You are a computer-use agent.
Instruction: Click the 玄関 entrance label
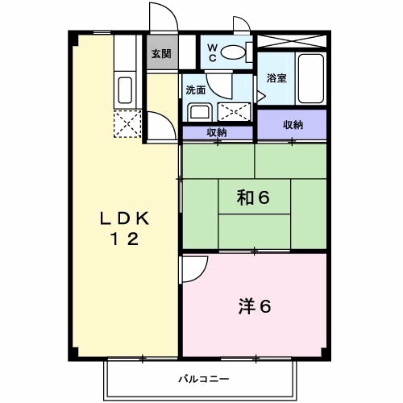pos(161,54)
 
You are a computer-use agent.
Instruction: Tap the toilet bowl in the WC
pos(234,52)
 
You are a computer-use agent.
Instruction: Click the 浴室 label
pos(276,78)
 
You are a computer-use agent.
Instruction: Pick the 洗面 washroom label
pos(196,89)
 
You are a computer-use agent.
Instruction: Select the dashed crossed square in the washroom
pos(235,111)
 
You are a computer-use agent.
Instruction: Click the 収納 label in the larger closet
pos(293,124)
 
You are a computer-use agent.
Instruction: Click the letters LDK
pos(126,218)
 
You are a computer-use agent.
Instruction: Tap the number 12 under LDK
pos(126,239)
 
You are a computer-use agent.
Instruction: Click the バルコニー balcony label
pos(204,377)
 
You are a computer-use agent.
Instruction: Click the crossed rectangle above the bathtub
pos(293,40)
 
